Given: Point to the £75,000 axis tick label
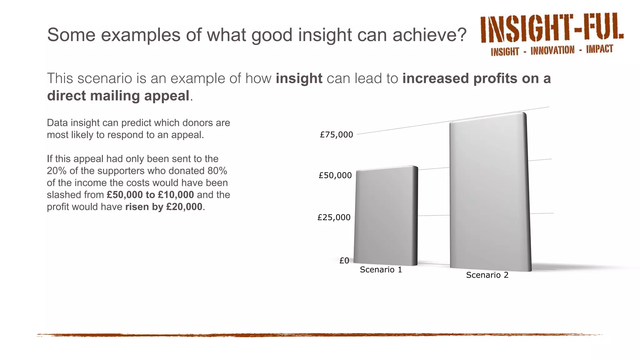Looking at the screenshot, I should pos(336,135).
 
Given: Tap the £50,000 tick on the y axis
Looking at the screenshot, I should pos(335,175).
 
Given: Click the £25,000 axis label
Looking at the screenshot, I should pos(334,217).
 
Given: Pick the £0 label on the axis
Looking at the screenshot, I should pos(344,260).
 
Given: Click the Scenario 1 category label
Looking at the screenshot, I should pos(381,270).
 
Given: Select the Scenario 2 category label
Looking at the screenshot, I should pos(487,275).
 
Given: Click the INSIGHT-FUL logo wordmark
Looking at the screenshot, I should pos(552,28).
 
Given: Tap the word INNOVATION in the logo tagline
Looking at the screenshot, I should pos(552,50).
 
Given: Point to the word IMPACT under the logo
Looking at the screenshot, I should pos(599,49).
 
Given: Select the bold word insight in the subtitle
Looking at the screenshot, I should pos(299,78).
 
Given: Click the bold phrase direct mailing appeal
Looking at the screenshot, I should pos(118,96).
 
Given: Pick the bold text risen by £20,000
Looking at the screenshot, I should pos(164,207).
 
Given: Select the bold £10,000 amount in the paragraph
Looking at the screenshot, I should pos(176,195).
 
